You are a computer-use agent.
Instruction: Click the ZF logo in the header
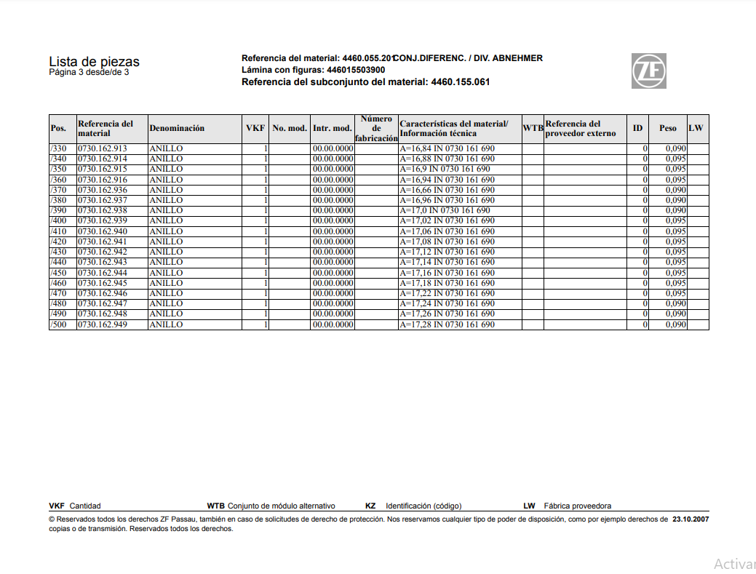649,71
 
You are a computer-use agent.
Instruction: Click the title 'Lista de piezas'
94,62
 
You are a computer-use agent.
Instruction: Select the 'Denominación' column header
177,129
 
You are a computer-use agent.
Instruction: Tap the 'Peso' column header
667,129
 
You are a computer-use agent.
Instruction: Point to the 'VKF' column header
255,129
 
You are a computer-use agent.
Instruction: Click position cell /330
58,148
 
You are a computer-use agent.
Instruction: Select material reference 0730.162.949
103,324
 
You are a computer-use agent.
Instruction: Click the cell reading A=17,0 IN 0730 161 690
445,210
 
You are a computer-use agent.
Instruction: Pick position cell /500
58,324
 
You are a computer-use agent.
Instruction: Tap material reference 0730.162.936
103,190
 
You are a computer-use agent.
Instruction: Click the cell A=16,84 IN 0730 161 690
447,148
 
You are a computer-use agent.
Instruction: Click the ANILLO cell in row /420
167,242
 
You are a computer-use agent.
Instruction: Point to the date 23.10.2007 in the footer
691,519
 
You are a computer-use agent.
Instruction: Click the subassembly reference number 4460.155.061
461,82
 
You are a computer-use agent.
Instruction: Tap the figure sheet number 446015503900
356,70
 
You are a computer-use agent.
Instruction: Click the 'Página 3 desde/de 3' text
89,73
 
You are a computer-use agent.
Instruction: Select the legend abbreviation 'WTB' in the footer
216,506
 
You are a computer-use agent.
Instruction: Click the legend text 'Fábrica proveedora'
577,506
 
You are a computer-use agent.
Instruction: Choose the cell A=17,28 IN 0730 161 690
447,324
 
